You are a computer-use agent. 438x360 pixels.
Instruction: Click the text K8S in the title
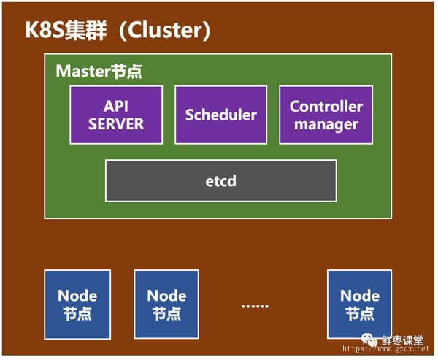45,30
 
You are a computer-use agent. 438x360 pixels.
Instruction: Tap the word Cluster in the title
164,30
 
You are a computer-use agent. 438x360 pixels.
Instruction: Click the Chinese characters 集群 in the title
85,30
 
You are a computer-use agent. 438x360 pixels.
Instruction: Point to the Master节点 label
99,71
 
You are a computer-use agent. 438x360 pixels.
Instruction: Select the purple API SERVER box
116,115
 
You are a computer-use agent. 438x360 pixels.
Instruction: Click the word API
116,106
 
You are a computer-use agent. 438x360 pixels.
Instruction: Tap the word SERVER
116,124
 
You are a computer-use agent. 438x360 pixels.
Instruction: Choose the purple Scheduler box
221,115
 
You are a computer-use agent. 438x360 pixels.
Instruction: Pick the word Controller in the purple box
326,106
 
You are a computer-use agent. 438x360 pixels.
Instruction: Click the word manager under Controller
326,124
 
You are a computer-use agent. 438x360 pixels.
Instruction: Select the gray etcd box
221,180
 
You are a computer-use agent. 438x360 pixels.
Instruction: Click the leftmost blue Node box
77,305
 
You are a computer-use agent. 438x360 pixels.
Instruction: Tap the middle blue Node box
166,305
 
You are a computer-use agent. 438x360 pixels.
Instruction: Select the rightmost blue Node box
359,305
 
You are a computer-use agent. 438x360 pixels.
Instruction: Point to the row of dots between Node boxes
255,307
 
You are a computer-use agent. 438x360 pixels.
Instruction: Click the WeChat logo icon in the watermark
369,340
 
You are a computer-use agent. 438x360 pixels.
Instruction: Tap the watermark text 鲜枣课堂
402,340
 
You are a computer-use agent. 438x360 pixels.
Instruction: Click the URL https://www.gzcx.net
385,348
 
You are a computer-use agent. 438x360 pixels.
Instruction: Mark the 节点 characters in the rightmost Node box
360,313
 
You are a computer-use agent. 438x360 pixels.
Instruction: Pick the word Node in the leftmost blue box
77,296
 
